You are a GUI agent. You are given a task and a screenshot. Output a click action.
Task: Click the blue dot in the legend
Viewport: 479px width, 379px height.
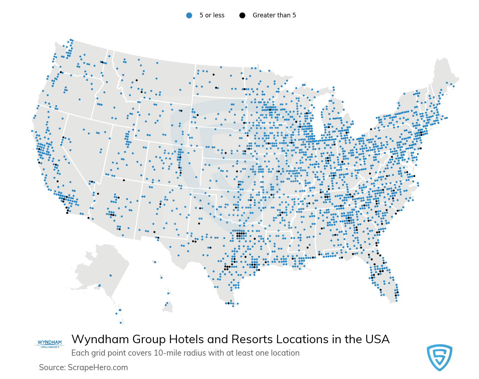(189, 15)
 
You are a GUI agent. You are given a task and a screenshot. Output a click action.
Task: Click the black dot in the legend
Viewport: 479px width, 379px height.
(242, 15)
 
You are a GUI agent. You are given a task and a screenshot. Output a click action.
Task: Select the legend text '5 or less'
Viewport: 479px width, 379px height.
(212, 15)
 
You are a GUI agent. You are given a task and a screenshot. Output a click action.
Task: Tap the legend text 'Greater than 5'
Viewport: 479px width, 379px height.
(274, 15)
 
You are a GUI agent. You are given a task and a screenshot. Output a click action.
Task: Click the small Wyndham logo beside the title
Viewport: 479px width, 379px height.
(50, 344)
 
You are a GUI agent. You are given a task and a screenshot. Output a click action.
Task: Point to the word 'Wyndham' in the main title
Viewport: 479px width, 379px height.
(100, 340)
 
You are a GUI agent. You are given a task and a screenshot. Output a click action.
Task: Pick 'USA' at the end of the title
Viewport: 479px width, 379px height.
(377, 340)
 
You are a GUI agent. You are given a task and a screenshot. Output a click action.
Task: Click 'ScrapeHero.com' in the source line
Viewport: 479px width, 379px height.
(98, 368)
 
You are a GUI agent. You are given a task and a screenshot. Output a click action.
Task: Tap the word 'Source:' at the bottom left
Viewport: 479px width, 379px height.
(52, 368)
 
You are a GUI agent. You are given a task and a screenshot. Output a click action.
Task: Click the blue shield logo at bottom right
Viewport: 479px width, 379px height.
(439, 357)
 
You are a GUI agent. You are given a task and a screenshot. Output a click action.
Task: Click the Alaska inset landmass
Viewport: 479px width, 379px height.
(103, 269)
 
